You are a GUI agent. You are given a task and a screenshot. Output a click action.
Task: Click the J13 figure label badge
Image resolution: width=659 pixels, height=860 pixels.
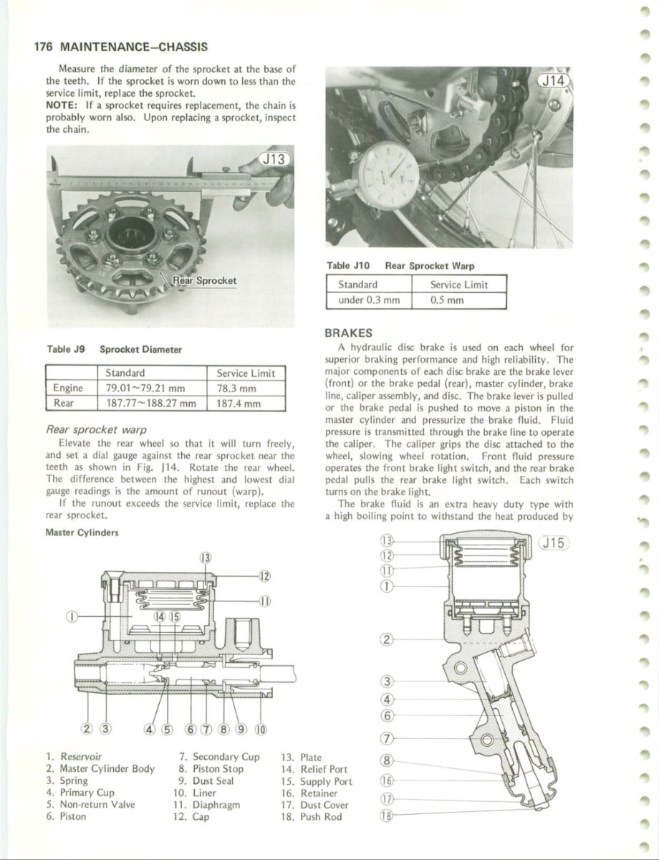[271, 159]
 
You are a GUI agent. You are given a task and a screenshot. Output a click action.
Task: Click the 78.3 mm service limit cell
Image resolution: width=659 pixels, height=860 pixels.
[236, 388]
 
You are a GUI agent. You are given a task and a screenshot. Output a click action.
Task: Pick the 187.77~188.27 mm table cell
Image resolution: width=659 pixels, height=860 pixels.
[150, 403]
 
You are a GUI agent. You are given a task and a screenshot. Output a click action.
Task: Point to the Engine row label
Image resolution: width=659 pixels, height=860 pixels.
[69, 388]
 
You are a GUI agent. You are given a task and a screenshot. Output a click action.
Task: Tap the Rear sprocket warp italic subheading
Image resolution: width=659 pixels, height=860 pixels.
[96, 430]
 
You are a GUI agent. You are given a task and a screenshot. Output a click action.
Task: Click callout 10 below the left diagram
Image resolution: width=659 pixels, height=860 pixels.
[261, 730]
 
